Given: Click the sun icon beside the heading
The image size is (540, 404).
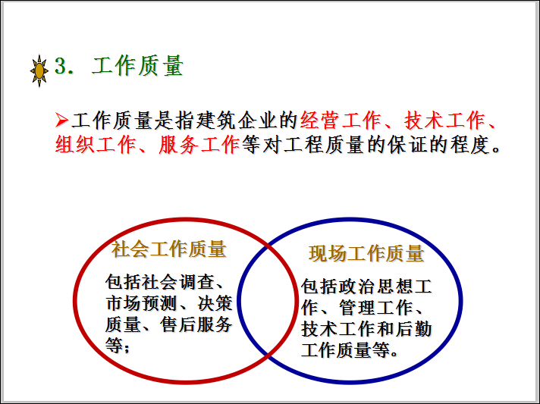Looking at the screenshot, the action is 39,71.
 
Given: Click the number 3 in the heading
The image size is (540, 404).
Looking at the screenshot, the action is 61,65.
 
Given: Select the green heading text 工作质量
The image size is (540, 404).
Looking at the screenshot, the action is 137,66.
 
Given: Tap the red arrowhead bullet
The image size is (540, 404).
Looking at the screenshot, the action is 61,120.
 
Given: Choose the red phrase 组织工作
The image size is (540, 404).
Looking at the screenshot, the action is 95,145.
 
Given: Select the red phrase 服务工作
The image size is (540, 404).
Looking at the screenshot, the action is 199,145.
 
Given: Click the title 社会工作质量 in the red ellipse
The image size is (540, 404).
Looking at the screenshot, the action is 168,249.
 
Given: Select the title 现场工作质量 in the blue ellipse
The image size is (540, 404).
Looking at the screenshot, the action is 366,254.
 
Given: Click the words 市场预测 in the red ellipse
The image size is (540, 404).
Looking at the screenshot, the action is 141,303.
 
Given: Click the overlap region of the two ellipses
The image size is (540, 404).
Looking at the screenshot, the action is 267,300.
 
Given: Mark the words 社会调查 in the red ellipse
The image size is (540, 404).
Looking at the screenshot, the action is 177,282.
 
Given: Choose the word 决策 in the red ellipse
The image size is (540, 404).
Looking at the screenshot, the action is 215,303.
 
